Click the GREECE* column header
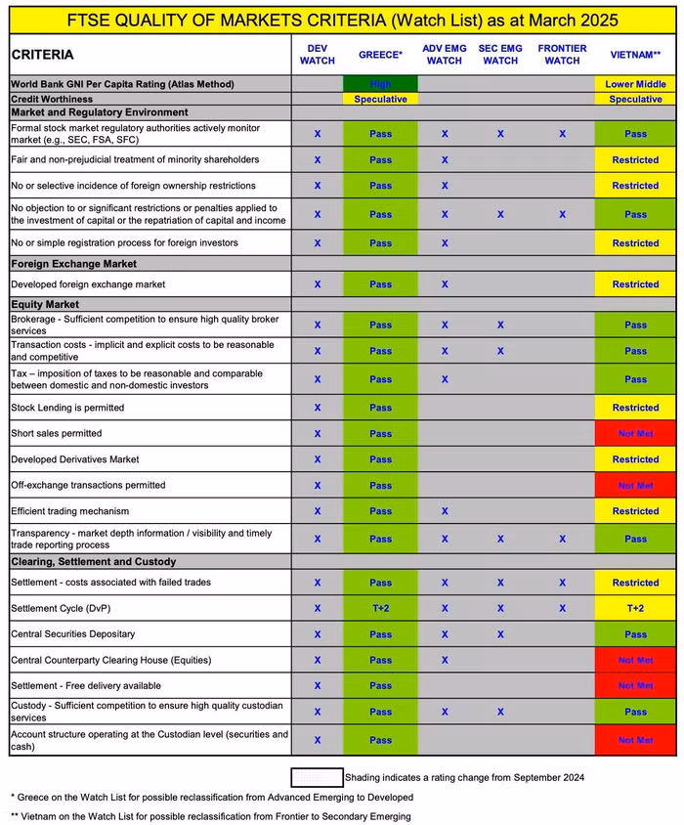(x=380, y=55)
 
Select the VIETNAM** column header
(x=635, y=55)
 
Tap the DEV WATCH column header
(x=317, y=55)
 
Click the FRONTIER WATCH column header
(x=562, y=55)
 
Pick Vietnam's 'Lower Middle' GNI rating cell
(x=635, y=84)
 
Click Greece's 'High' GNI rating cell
(x=380, y=84)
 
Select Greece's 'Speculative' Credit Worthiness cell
(x=380, y=99)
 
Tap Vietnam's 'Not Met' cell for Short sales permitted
(x=635, y=433)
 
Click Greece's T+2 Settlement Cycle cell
(x=380, y=608)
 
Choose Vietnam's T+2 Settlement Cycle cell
(x=635, y=608)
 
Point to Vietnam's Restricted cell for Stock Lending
(x=635, y=408)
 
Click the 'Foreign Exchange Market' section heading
(x=73, y=264)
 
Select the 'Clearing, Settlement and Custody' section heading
(x=93, y=561)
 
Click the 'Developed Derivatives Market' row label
(x=74, y=459)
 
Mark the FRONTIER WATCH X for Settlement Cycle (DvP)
(x=562, y=608)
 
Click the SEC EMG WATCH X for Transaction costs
(x=500, y=351)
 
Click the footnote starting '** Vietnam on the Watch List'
(x=210, y=816)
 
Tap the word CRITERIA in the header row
(x=44, y=55)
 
